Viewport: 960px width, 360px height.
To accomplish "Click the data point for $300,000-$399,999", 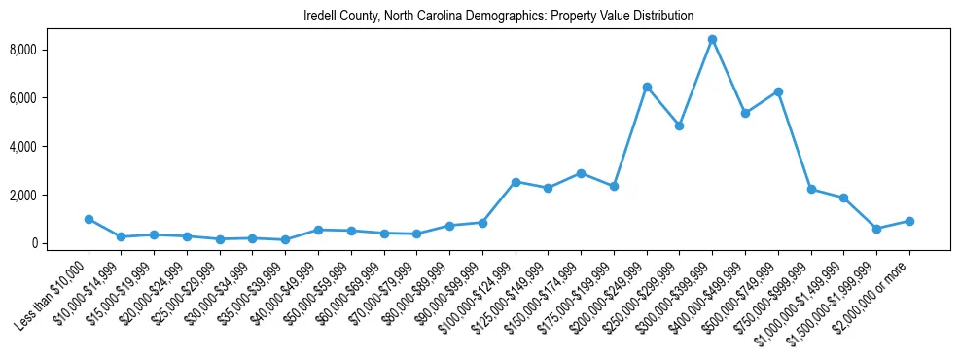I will (712, 40).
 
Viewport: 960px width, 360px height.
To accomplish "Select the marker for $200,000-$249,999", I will (647, 88).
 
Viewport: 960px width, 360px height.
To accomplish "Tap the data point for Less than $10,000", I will (89, 220).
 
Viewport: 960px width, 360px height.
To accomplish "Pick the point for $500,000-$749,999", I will (778, 91).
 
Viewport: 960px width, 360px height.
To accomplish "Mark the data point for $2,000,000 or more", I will (909, 221).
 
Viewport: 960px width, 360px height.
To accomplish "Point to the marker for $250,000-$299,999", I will (679, 126).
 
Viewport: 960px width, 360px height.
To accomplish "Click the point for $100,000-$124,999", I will (516, 182).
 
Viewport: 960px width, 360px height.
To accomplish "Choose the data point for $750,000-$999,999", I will (811, 190).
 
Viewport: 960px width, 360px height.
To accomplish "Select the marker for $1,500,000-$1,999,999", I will (876, 229).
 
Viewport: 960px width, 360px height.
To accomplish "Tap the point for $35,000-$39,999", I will (285, 239).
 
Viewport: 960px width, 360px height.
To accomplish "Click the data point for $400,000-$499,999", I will (745, 114).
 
